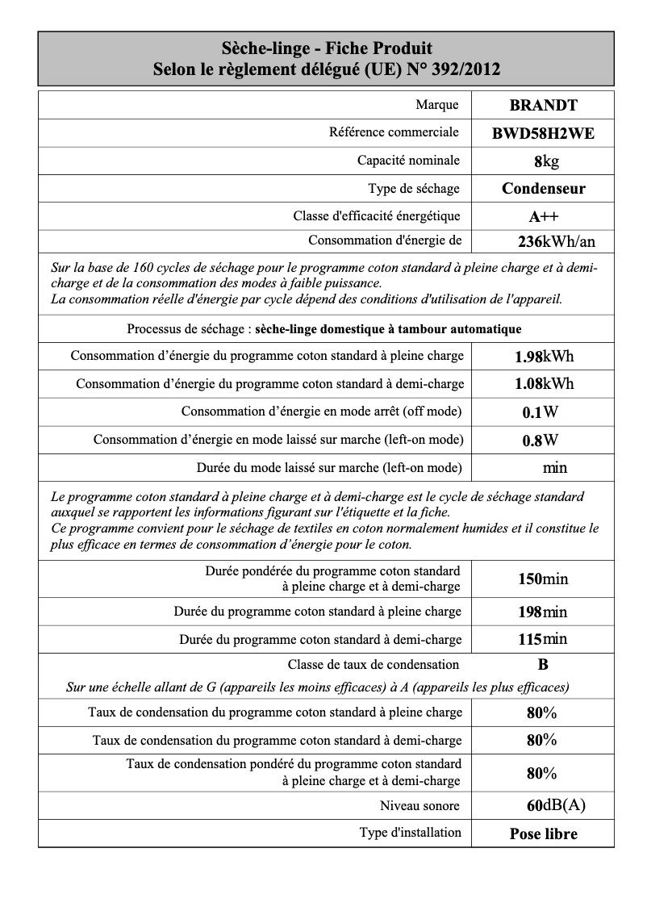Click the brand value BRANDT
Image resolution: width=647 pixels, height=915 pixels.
[x=543, y=105]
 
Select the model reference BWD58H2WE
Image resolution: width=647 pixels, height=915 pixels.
[x=543, y=134]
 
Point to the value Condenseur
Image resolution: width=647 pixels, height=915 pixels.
[x=543, y=189]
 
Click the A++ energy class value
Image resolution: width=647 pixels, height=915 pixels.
[x=543, y=216]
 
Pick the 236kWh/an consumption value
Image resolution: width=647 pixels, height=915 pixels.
[x=556, y=242]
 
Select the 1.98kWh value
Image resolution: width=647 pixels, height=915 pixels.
[x=544, y=357]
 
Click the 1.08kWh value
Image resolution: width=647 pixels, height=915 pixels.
[x=544, y=384]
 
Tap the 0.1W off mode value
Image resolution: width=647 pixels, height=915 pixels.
[x=540, y=412]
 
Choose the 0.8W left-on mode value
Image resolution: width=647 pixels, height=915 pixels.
[x=540, y=441]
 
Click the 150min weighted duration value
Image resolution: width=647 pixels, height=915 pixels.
[x=542, y=579]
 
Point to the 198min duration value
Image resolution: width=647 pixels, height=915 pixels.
[x=542, y=612]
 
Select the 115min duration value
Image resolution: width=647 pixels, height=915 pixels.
[x=542, y=640]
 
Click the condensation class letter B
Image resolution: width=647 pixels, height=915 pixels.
[x=543, y=665]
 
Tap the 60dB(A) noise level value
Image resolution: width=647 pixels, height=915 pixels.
[x=556, y=805]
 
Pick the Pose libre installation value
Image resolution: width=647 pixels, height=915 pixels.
[x=543, y=834]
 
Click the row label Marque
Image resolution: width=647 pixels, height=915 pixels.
[x=436, y=105]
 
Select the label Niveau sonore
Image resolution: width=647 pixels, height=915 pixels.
[x=420, y=805]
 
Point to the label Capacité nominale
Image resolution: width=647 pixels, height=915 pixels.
[x=408, y=161]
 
